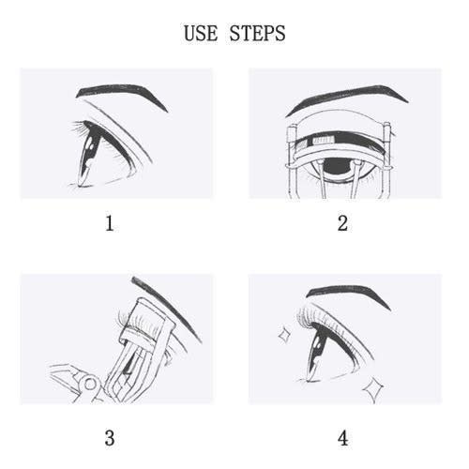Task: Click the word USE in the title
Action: point(201,33)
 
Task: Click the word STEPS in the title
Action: point(257,33)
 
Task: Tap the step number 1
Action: point(110,224)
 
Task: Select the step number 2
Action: point(342,224)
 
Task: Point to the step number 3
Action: point(110,438)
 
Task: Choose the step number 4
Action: point(343,438)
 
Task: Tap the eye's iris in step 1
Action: point(87,153)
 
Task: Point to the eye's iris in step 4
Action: point(317,354)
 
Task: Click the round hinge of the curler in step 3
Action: point(90,385)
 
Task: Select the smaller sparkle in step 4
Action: point(284,335)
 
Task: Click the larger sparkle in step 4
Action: point(373,390)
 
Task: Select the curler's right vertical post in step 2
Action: point(386,161)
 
